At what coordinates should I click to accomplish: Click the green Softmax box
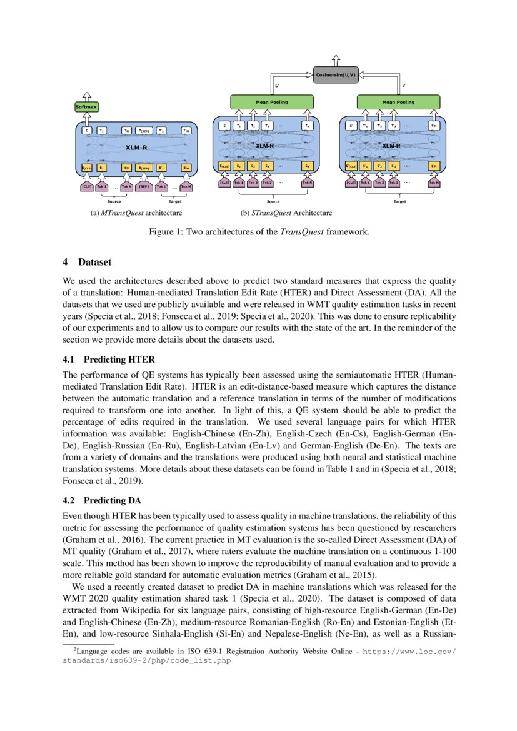(86, 107)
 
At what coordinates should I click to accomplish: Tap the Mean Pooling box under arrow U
(271, 101)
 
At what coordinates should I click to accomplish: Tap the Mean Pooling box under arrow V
(398, 101)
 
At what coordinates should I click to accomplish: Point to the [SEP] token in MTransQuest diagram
(143, 186)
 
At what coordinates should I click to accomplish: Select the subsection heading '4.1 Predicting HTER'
(108, 360)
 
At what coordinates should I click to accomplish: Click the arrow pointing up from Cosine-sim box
(336, 58)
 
